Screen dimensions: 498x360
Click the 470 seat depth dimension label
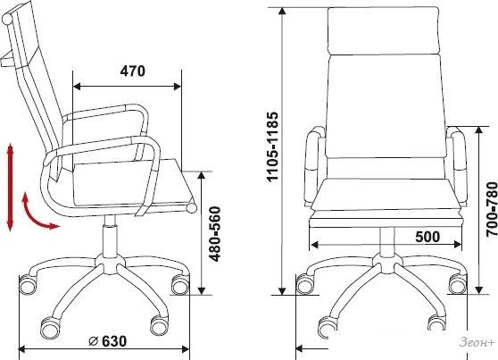click(x=132, y=71)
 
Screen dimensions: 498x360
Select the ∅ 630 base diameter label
click(x=107, y=341)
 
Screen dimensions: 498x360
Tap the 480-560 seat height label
click(x=215, y=234)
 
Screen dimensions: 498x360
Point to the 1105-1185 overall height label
click(x=272, y=147)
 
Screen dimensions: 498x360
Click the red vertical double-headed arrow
click(x=10, y=187)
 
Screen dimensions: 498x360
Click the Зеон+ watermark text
click(x=477, y=343)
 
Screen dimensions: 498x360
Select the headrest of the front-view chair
click(x=384, y=31)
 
